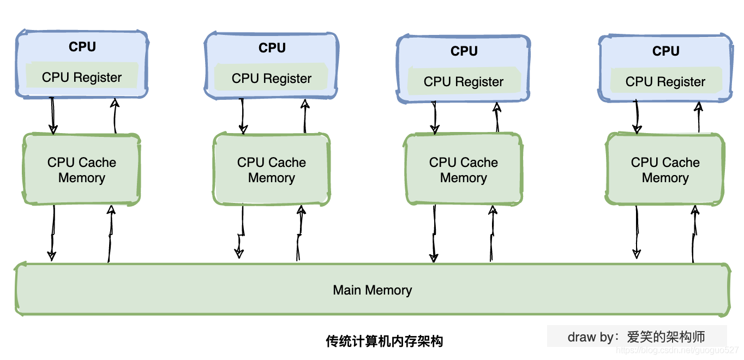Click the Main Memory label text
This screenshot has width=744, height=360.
(372, 290)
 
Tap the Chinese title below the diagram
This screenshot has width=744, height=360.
(384, 341)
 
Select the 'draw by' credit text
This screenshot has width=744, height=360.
(636, 337)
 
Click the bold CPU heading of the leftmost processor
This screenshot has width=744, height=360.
(82, 47)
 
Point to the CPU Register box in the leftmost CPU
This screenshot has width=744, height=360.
(82, 77)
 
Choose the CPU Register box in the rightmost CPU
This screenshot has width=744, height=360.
(665, 81)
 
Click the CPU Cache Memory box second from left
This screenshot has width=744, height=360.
(272, 170)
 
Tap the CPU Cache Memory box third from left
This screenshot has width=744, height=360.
(464, 170)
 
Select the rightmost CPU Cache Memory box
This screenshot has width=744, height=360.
(665, 170)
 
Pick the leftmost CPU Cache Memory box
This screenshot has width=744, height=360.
(82, 170)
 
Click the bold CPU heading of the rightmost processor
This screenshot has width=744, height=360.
(665, 51)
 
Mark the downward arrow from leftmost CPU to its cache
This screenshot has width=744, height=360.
(53, 116)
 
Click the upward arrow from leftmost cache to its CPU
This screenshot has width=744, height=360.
(115, 116)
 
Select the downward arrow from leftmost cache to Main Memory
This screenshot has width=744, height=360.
(52, 232)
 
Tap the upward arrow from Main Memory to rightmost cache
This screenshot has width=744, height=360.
(694, 233)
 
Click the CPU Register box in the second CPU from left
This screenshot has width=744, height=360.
(272, 78)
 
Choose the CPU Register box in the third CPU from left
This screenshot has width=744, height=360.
(464, 82)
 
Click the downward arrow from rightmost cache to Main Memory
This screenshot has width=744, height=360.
(637, 231)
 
